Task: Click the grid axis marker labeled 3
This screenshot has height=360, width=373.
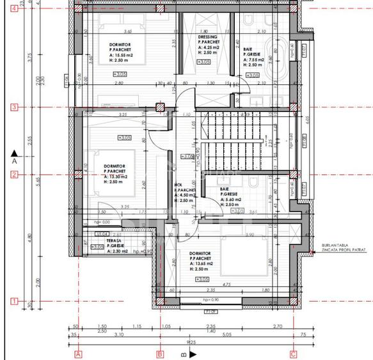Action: [x=14, y=107]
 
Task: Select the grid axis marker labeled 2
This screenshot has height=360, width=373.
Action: [x=14, y=175]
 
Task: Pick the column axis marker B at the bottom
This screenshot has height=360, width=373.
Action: [x=160, y=354]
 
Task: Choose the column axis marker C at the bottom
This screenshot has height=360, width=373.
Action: [x=293, y=354]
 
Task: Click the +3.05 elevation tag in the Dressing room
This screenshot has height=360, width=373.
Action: [x=204, y=62]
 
